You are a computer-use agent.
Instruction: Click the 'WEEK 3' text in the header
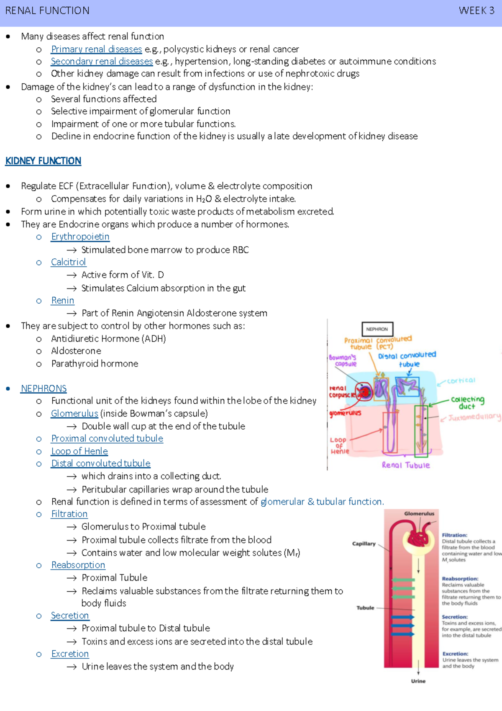pyautogui.click(x=476, y=10)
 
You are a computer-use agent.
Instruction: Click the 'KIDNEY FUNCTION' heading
pyautogui.click(x=43, y=161)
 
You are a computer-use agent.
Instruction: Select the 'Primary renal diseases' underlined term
pyautogui.click(x=96, y=49)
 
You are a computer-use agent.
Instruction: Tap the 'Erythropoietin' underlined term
pyautogui.click(x=80, y=237)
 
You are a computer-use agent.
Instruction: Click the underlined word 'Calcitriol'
pyautogui.click(x=68, y=262)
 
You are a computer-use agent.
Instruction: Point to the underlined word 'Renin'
pyautogui.click(x=62, y=300)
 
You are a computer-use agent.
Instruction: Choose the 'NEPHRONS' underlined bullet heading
pyautogui.click(x=44, y=389)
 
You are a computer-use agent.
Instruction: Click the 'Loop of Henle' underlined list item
pyautogui.click(x=79, y=451)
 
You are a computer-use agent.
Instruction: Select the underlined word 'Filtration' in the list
pyautogui.click(x=69, y=514)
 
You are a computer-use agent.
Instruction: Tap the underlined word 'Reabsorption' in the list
pyautogui.click(x=78, y=565)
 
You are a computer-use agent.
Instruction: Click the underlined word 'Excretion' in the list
pyautogui.click(x=70, y=654)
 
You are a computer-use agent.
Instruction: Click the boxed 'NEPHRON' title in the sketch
pyautogui.click(x=377, y=329)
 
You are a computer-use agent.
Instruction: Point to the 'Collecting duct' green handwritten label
pyautogui.click(x=467, y=402)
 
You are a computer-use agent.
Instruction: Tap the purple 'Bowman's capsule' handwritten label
pyautogui.click(x=343, y=361)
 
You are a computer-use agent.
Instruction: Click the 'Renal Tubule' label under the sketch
pyautogui.click(x=405, y=465)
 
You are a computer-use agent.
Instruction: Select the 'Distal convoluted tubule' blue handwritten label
pyautogui.click(x=407, y=359)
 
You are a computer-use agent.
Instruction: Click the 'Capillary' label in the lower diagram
pyautogui.click(x=364, y=544)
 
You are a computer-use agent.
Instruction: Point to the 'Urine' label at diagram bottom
pyautogui.click(x=418, y=681)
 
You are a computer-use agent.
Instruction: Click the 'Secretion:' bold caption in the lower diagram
pyautogui.click(x=455, y=617)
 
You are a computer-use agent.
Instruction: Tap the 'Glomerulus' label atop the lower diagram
pyautogui.click(x=419, y=513)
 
